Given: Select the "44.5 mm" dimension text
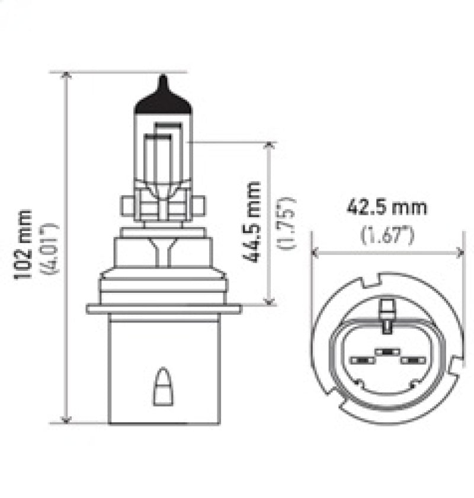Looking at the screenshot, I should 254,222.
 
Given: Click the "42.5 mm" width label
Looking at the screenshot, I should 386,208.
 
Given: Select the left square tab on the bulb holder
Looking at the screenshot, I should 127,206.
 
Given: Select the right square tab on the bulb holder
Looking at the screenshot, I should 200,206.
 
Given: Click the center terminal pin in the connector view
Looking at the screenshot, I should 386,351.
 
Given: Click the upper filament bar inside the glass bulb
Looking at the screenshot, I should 168,124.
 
